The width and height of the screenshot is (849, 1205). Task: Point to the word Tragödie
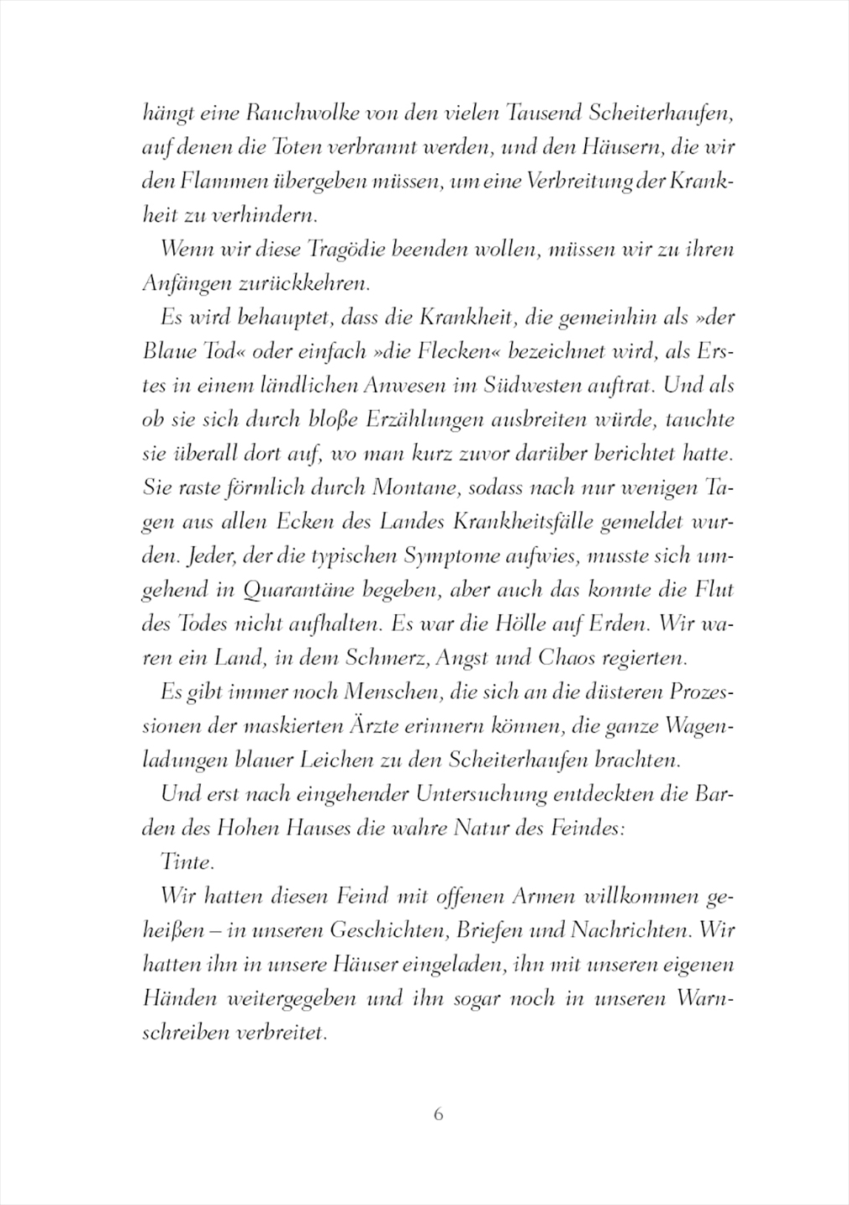click(352, 250)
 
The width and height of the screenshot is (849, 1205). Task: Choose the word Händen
click(174, 998)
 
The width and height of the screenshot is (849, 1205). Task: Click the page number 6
click(437, 1114)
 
